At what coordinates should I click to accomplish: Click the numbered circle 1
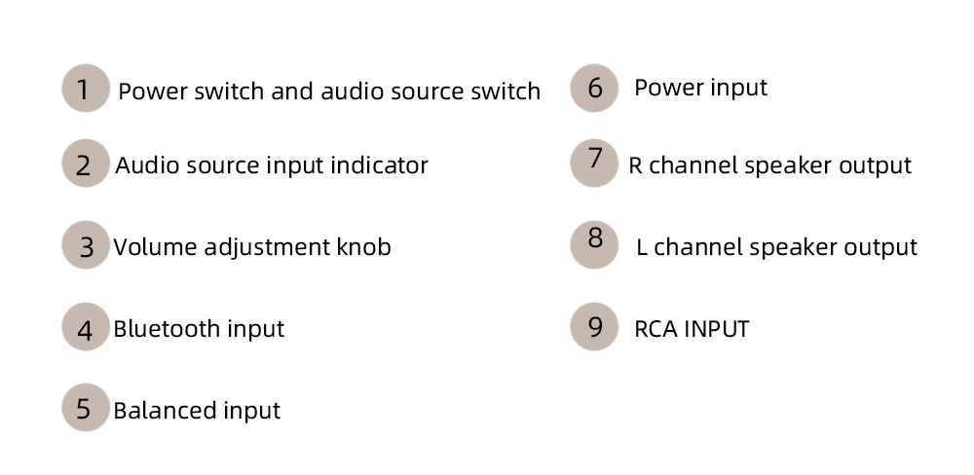pos(85,90)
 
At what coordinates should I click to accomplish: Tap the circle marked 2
pos(85,164)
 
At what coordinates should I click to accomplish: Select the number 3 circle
pos(86,246)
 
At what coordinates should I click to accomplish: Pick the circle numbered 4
pos(85,328)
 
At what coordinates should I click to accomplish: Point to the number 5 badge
pos(85,409)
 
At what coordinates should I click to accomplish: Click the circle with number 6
pos(594,89)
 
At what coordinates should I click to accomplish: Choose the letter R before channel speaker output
pos(635,166)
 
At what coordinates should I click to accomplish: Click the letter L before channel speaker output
pos(642,248)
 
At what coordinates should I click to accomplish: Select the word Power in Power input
pos(664,88)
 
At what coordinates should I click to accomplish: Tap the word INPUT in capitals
pos(716,329)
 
